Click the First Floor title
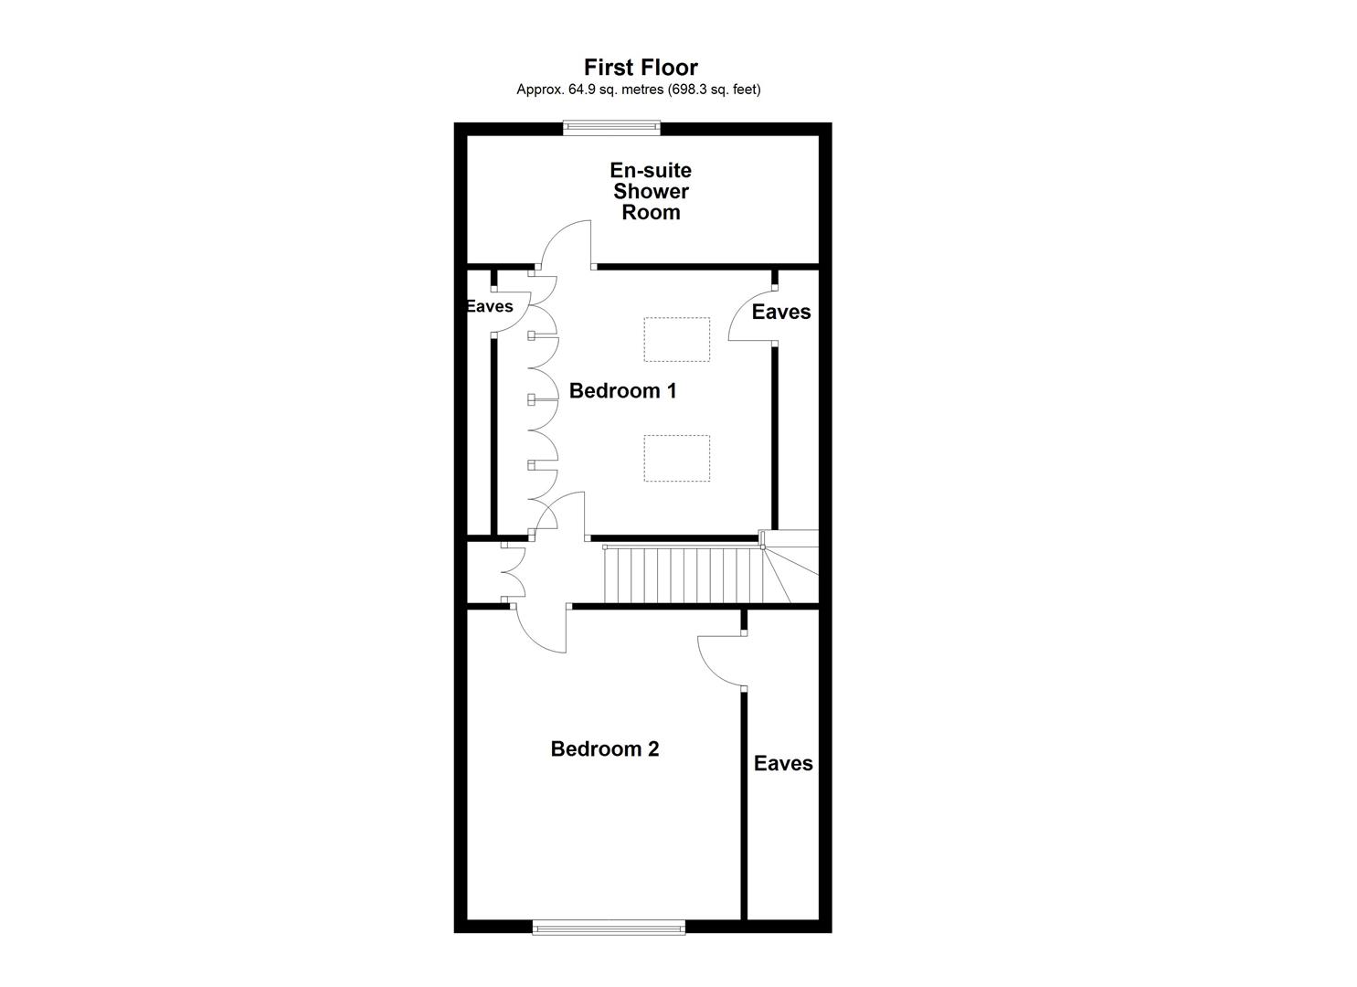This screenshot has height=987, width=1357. pos(641,68)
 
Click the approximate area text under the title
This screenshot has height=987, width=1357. pos(638,90)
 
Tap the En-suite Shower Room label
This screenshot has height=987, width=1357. pos(651,191)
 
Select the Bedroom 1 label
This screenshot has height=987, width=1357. pos(622,391)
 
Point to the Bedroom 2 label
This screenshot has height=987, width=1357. pos(604,749)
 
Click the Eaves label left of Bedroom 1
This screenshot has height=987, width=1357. pos(490,306)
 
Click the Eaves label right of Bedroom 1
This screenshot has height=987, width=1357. pos(780,312)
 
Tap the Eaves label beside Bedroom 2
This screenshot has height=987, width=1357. pos(782,763)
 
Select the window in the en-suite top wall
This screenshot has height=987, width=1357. pos(610,128)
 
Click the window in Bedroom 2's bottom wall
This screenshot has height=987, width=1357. pos(609,928)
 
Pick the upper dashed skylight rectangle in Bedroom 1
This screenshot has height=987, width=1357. pos(676,340)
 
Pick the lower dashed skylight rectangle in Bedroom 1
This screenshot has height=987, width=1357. pos(676,458)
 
